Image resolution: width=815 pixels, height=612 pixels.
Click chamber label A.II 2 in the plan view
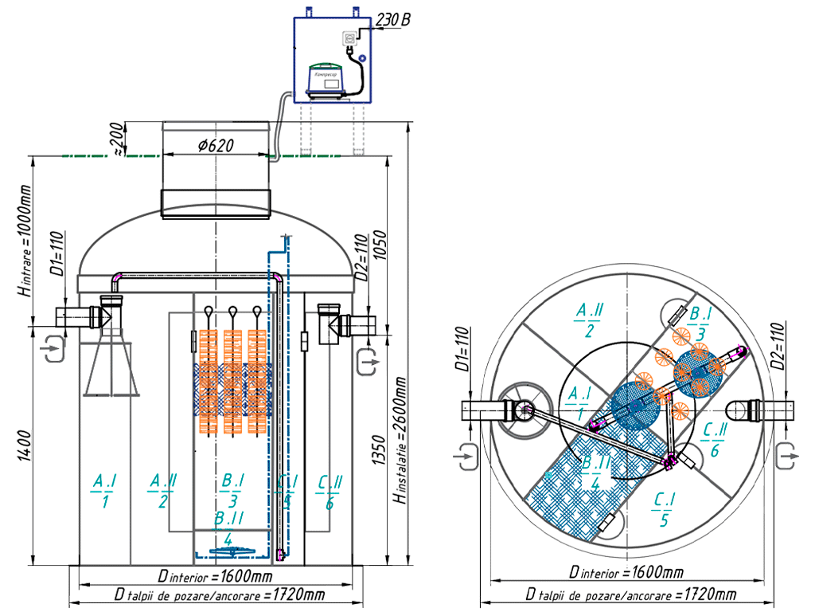590,319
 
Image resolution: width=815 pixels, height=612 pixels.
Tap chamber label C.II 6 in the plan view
715,439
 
